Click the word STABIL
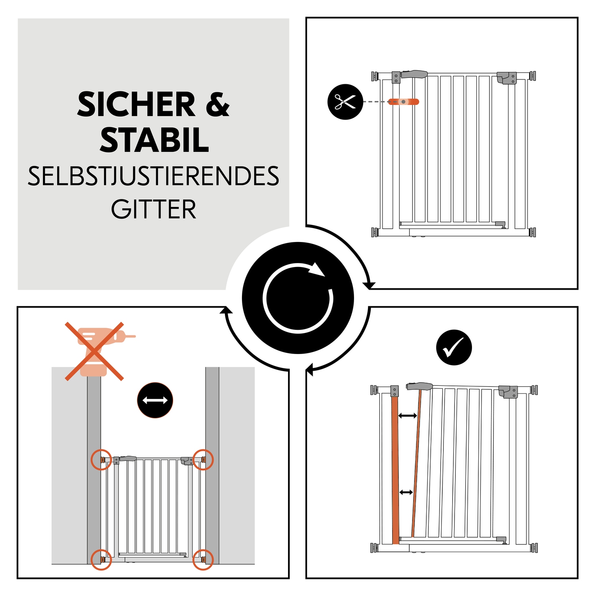154,141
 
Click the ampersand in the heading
217,104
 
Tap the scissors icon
345,102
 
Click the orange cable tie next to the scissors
403,102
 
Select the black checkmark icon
454,347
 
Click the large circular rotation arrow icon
298,298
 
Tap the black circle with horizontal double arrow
155,401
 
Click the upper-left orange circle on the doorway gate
101,460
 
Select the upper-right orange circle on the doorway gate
203,460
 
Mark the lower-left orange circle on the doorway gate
101,559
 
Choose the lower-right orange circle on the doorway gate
203,559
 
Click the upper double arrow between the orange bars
407,416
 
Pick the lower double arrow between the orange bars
406,492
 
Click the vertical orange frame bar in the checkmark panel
395,469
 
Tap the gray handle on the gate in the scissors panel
414,74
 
